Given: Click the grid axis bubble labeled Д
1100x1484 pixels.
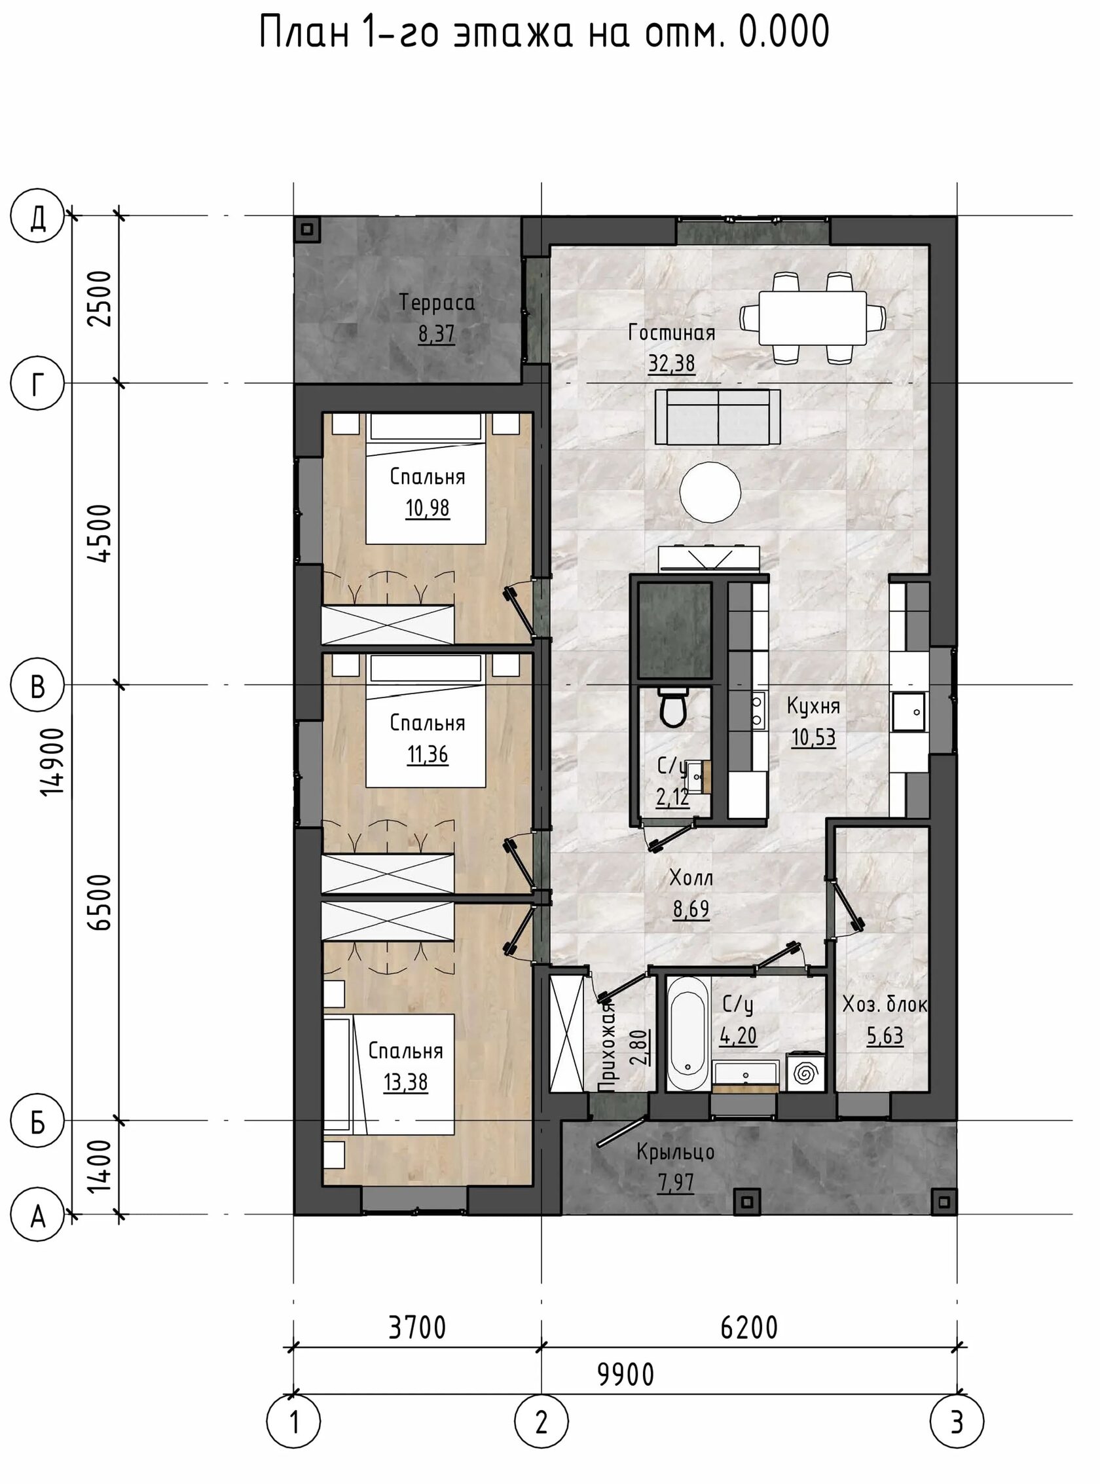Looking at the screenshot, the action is (38, 216).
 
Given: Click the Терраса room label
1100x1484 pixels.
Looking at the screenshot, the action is (437, 303).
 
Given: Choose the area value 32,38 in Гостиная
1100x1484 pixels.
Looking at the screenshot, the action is (672, 363).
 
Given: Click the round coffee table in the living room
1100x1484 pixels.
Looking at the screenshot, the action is (710, 492).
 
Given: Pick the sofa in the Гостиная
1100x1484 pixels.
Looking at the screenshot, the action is (718, 417).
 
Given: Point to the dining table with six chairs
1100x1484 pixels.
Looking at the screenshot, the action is (813, 318).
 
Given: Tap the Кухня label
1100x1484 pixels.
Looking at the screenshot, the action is (813, 706).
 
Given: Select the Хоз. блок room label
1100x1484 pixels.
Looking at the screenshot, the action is (885, 1005).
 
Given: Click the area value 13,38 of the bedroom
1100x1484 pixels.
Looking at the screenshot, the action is (405, 1083).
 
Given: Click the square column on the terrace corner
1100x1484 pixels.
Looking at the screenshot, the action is (307, 229).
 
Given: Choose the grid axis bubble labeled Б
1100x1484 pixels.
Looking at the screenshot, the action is (38, 1121).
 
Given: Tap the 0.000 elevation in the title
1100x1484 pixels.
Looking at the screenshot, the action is (784, 31).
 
